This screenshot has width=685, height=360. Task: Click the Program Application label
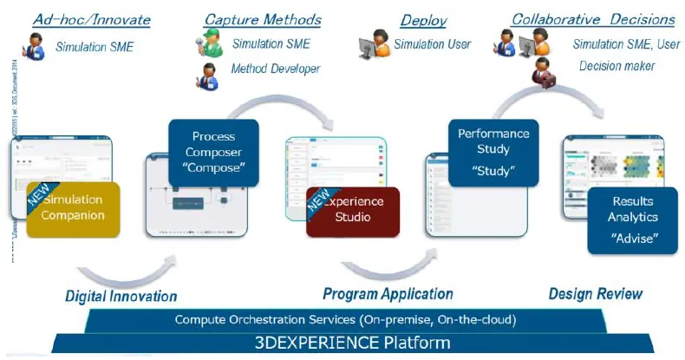pos(388,294)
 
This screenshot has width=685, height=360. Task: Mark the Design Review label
pos(596,294)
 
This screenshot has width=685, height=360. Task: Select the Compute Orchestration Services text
pos(345,320)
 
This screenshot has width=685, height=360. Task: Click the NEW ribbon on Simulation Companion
pos(39,193)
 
